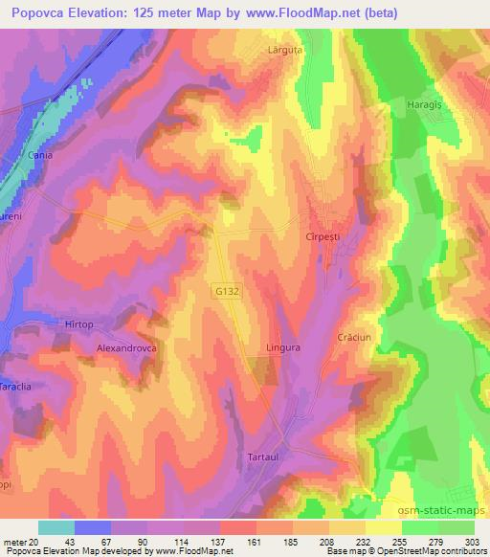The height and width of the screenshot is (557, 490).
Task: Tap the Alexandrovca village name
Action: [x=126, y=349]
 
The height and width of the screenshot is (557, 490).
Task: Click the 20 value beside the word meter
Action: [x=36, y=541]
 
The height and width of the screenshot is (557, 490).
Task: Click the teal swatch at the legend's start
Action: [x=56, y=527]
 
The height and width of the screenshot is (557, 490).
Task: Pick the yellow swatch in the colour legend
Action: [x=384, y=527]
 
